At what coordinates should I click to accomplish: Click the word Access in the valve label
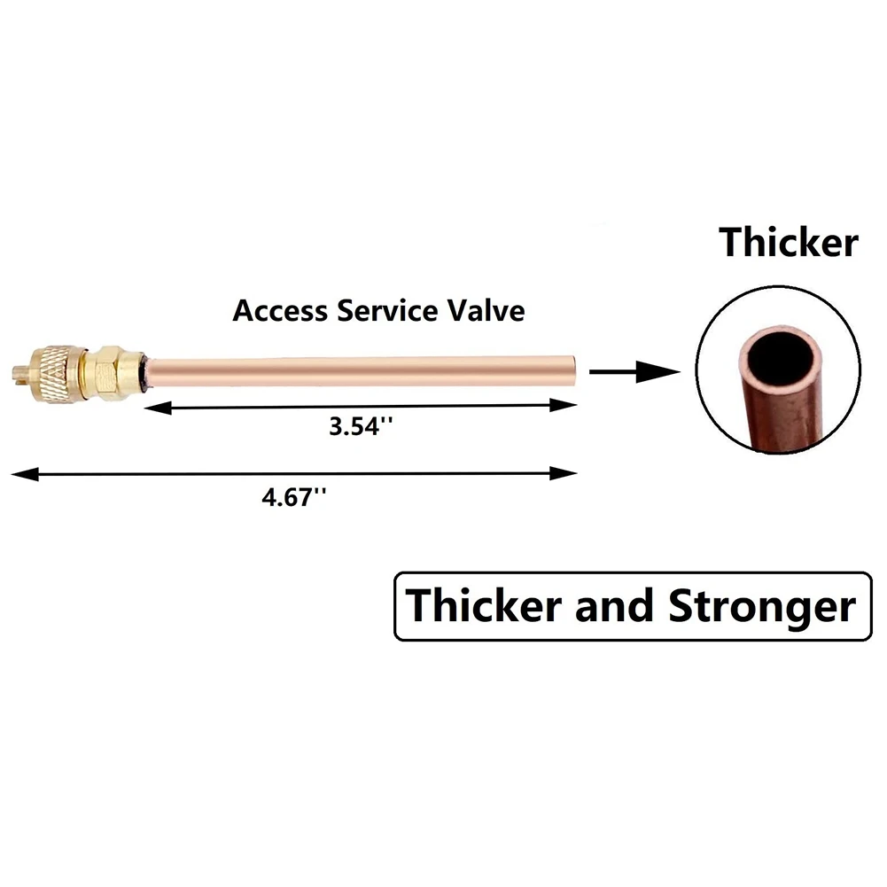[277, 311]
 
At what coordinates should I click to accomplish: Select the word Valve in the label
[488, 311]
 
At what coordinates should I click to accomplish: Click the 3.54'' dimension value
[361, 426]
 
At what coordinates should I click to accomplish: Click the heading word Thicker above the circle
[788, 242]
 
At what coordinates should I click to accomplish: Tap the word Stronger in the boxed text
[762, 607]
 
